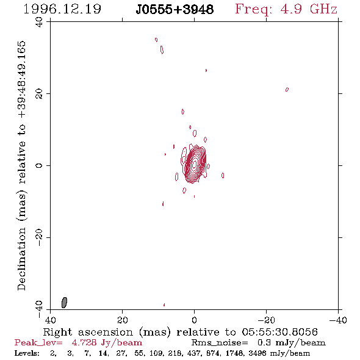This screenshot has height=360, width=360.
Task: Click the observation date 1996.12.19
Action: tap(62, 9)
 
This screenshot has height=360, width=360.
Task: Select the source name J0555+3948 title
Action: tap(175, 10)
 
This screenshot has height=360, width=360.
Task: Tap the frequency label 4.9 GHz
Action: tap(309, 9)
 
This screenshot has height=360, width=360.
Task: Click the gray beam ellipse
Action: tap(64, 303)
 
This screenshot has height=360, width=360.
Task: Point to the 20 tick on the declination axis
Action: tap(39, 94)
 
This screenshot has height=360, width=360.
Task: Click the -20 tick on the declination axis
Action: tap(39, 237)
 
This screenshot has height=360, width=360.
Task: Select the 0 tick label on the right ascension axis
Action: tap(194, 320)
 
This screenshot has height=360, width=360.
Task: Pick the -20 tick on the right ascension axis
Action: tap(266, 320)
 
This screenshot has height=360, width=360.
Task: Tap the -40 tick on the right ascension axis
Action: tap(338, 320)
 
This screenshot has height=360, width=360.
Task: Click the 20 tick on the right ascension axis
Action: tap(123, 320)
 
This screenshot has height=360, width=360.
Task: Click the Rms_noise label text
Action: tap(220, 343)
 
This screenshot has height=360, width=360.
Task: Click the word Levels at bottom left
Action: tap(27, 353)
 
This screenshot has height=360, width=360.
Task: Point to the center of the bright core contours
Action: tap(195, 164)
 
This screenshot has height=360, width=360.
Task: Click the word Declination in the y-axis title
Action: tap(21, 259)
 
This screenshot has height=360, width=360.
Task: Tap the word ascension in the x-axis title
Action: tap(106, 332)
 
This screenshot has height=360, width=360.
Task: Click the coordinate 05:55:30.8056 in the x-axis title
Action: tap(279, 332)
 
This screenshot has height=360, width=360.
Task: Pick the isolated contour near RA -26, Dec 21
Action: tap(287, 89)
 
